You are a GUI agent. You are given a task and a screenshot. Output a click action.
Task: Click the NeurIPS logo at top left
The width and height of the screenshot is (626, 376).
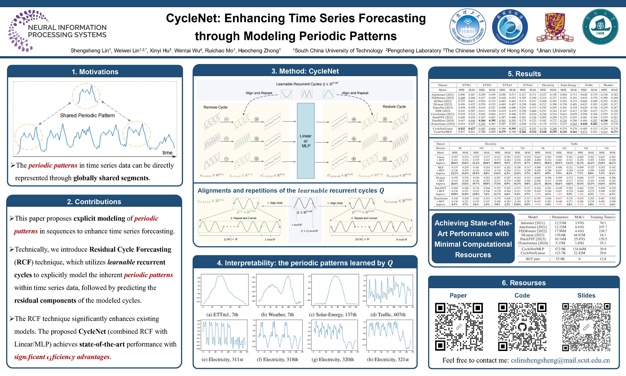coord(57,30)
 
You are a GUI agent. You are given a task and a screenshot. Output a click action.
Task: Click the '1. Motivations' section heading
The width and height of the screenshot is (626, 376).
coord(95,72)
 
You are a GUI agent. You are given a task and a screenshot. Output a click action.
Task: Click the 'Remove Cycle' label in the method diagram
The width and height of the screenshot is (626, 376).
coord(215,107)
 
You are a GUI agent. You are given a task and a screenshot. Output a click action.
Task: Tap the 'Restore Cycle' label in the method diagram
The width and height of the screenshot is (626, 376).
coord(394,107)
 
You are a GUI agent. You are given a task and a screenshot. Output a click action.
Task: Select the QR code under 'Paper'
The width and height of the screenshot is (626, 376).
coord(459,327)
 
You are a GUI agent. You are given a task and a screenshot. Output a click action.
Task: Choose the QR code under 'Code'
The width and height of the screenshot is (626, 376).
coord(522,327)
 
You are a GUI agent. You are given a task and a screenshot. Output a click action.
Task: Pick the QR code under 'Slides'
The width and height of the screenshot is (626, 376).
coord(586,327)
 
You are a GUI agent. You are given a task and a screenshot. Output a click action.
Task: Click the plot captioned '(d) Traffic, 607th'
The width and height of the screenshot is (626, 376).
coord(390,290)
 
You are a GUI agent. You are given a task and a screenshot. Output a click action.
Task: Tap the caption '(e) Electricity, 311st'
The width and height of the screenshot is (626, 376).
coord(222,359)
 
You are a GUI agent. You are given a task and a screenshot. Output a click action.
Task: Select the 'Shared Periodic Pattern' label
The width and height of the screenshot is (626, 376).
coord(87,115)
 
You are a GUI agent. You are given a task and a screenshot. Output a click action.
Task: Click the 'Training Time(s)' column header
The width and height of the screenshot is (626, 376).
coord(603,217)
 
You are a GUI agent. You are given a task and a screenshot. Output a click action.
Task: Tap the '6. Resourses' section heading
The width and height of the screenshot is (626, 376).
coord(524,283)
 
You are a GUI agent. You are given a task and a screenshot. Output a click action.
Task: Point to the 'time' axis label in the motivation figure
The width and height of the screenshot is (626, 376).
coord(167,153)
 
